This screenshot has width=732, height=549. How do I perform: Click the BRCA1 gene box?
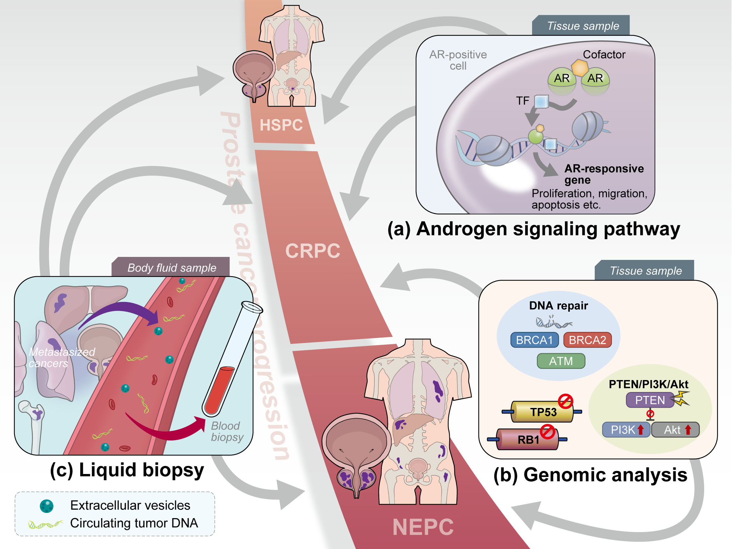pos(534,340)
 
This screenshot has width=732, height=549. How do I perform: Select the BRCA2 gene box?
pos(587,340)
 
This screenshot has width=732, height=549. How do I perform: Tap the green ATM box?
pos(561,361)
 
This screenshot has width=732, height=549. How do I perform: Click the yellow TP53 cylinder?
pos(543,412)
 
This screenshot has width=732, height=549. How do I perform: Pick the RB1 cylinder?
pos(528,439)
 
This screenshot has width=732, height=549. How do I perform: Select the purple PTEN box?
pos(650,400)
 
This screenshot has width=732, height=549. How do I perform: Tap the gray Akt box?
pos(675,430)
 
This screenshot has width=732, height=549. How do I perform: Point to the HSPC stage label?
pos(281,125)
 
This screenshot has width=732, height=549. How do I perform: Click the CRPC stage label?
pos(313,251)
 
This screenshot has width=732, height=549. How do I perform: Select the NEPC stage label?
pos(423,527)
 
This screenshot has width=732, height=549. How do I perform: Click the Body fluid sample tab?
pos(172,268)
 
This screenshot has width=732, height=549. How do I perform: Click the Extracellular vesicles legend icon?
pos(46,506)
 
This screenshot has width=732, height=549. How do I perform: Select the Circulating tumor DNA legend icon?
pos(45,524)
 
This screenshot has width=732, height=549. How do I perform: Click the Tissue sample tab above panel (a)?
pos(583,26)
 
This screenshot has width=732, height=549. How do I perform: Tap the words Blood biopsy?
pos(227,431)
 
